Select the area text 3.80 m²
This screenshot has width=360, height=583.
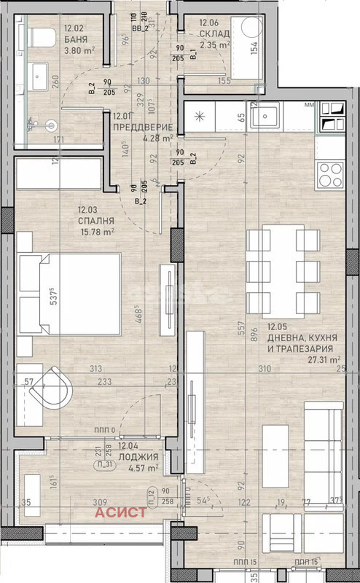pos(79,51)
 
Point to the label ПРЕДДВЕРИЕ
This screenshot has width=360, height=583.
pos(143,126)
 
